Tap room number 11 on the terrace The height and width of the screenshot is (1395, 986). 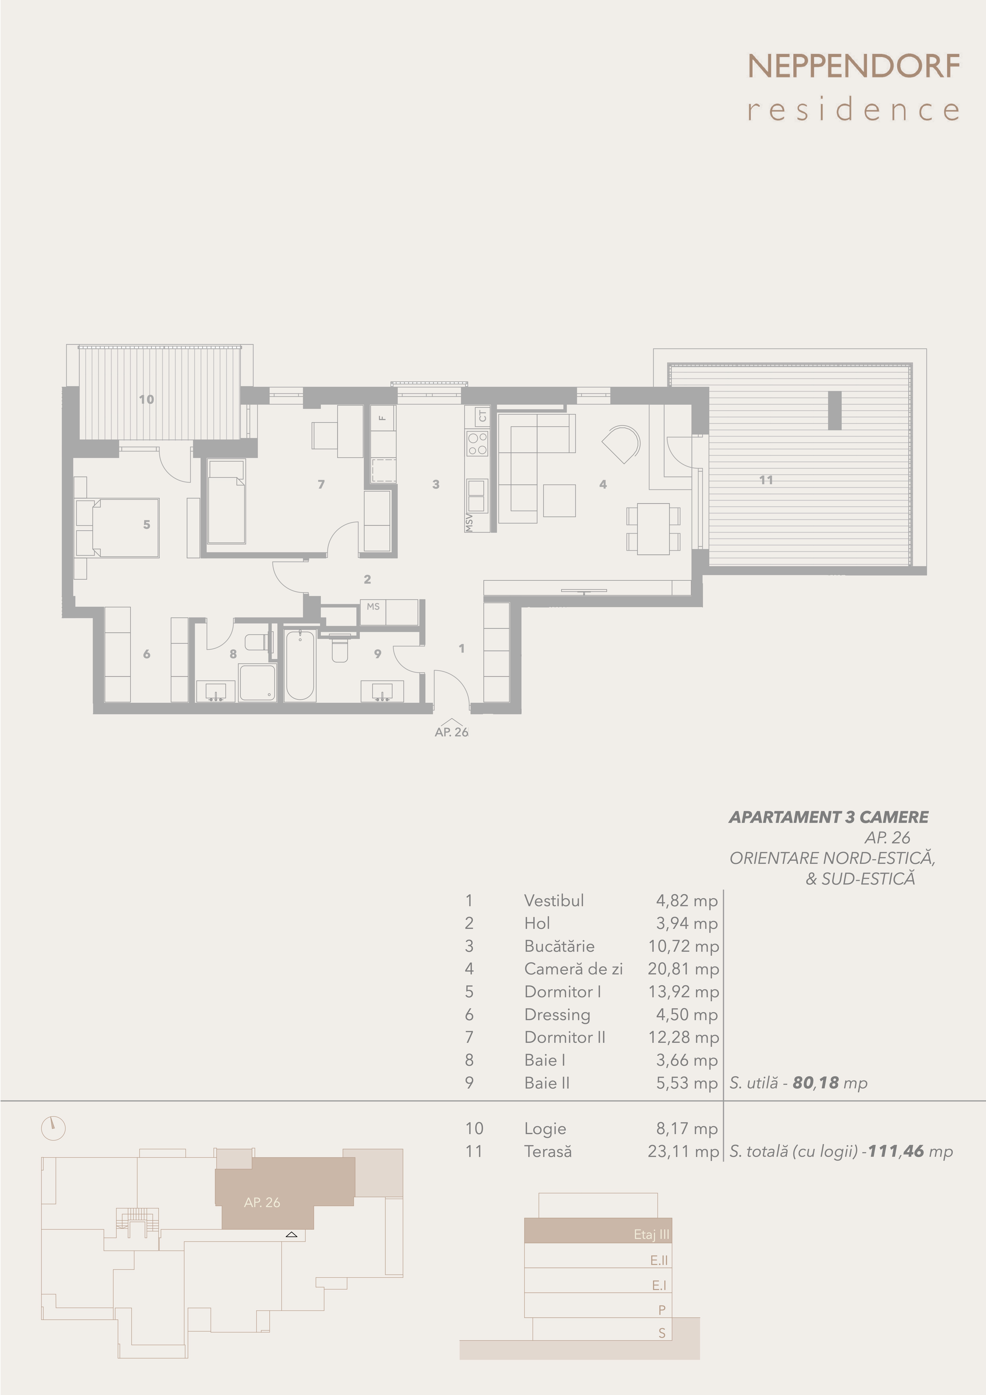coord(766,480)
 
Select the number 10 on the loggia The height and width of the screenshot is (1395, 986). coord(147,399)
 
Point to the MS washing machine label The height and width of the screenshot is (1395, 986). coord(373,606)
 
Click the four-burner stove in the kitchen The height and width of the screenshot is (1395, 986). coord(477,443)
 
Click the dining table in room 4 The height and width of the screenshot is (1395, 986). coord(653,529)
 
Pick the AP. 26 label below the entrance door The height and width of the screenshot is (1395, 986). coord(451,732)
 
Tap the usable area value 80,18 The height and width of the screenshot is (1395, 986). coord(815,1083)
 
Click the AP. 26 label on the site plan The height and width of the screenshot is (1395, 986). coord(262,1202)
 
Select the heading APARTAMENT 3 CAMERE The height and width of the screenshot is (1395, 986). coord(829,817)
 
